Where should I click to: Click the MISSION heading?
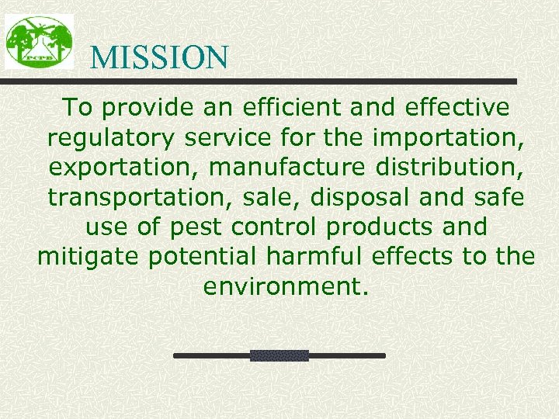tap(159, 57)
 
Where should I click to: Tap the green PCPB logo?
tap(39, 41)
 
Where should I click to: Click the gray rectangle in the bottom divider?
tap(279, 355)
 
